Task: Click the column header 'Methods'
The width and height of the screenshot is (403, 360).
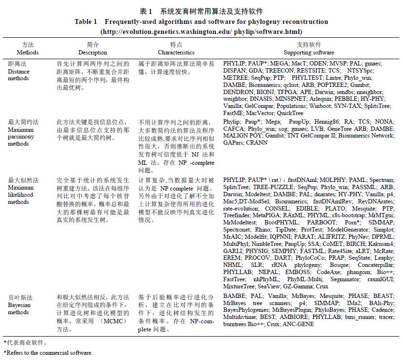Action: coord(27,53)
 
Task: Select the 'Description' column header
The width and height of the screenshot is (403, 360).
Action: coord(93,53)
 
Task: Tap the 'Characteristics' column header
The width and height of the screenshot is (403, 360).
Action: coord(176,53)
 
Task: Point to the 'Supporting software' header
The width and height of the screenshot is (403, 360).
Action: coord(309,53)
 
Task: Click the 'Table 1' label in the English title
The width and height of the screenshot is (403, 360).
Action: coord(85,22)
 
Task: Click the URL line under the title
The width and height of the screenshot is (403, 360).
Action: coord(201,32)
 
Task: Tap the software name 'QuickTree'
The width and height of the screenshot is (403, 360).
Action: coord(290,113)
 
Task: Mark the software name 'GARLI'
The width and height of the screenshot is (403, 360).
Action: coord(232,251)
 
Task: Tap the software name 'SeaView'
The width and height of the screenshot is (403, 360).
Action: coord(268,286)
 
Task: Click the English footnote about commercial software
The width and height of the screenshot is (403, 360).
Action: coord(47,353)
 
